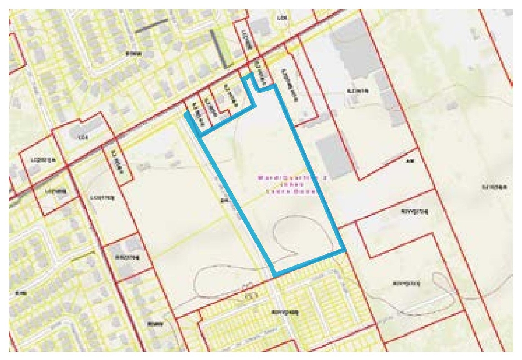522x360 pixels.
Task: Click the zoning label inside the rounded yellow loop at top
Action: (280, 18)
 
